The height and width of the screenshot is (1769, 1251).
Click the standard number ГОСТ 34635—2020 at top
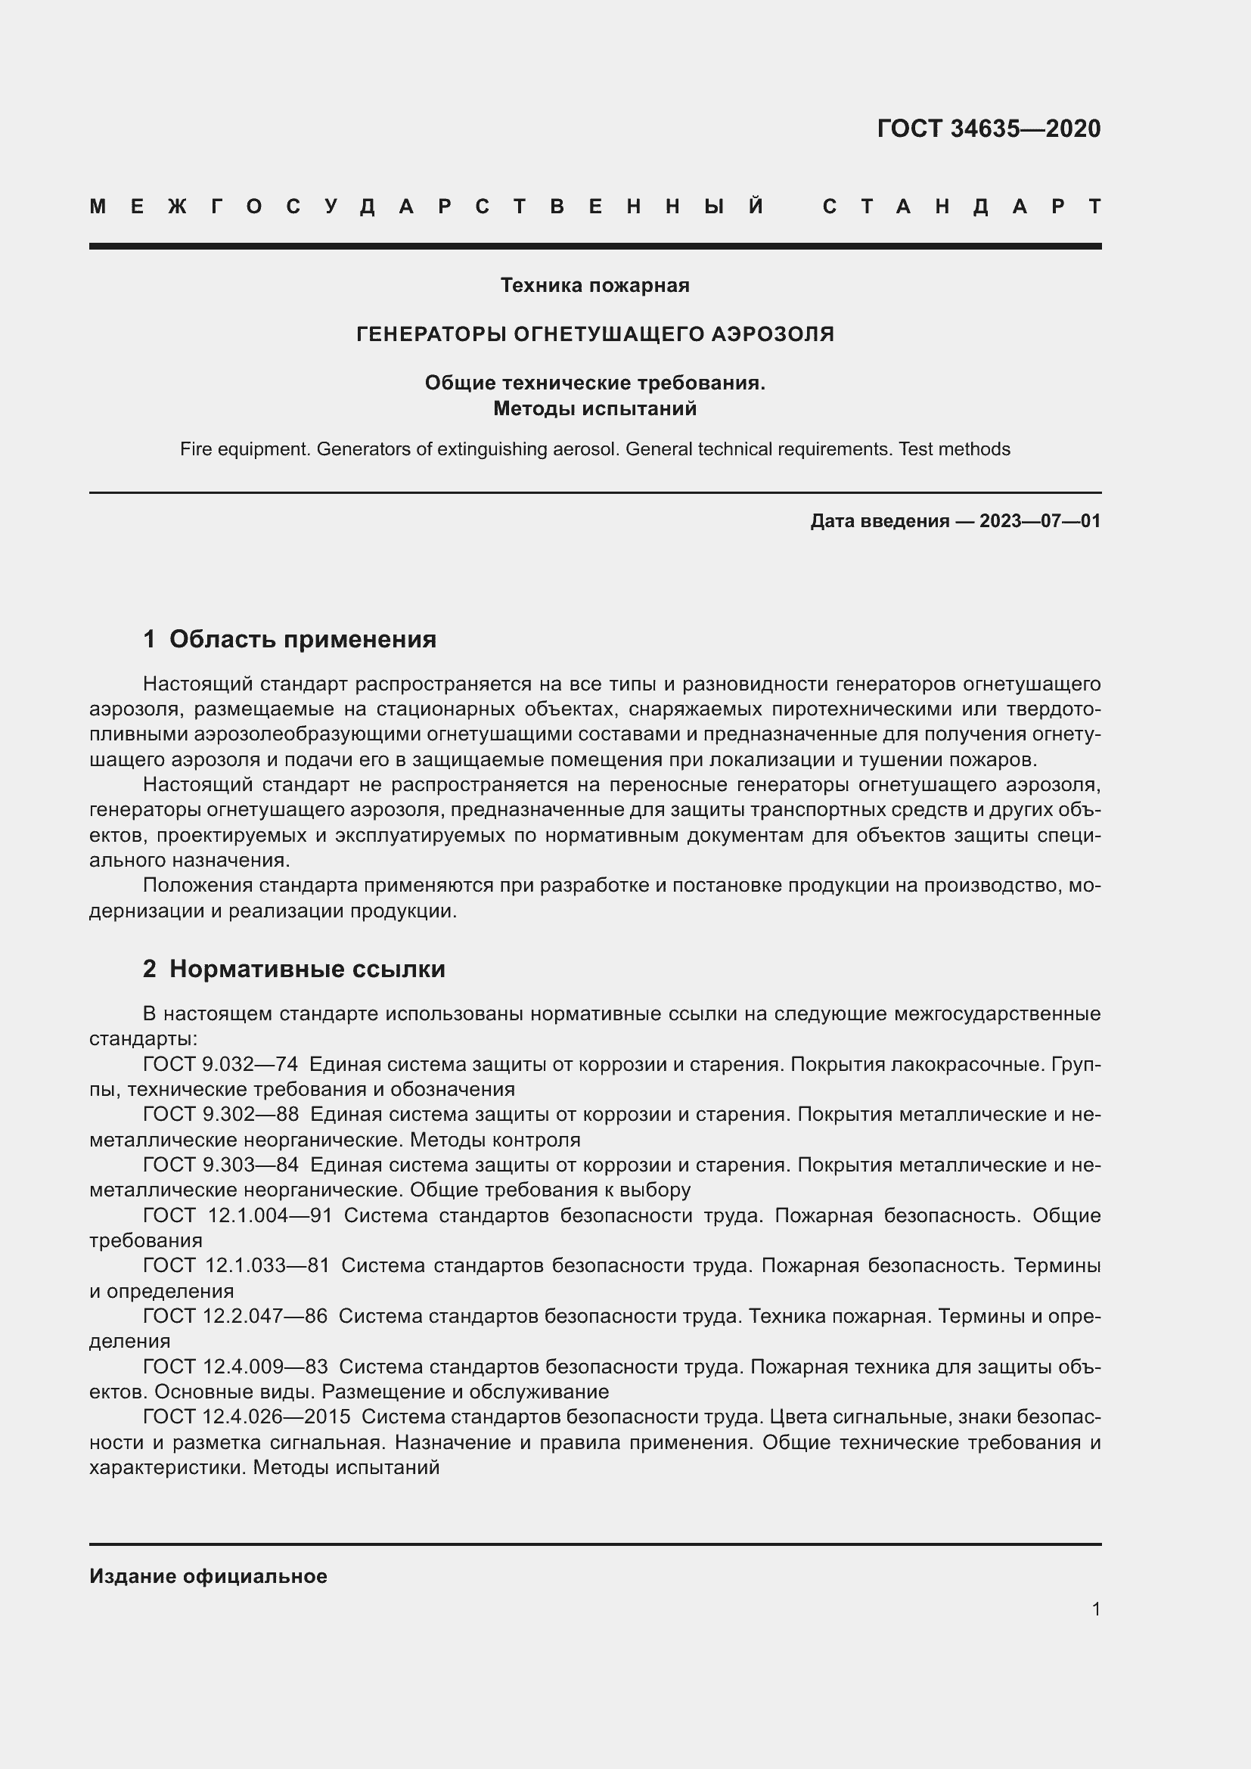click(989, 129)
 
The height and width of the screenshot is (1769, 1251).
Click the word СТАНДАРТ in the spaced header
click(961, 206)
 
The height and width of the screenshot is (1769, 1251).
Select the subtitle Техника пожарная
click(594, 285)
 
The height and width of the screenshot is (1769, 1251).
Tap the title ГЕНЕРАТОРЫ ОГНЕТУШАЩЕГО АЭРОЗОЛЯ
click(594, 334)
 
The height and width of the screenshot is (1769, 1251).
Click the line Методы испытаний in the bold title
click(594, 408)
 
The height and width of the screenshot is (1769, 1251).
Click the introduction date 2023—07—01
click(1039, 521)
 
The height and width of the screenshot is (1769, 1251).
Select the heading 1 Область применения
click(290, 639)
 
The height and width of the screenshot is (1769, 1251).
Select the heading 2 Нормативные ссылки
click(293, 969)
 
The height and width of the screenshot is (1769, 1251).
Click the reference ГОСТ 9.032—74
click(220, 1064)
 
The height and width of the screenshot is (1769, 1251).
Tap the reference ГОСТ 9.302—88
click(220, 1114)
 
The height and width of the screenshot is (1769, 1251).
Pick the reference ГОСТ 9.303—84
click(220, 1165)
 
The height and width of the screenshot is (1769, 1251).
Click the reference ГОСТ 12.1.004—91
click(237, 1215)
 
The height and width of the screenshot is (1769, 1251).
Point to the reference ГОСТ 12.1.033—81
click(236, 1265)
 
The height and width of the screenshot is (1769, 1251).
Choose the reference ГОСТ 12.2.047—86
click(235, 1316)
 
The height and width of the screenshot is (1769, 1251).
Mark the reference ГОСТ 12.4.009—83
click(235, 1366)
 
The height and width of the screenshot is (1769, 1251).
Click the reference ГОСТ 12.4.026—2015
click(247, 1416)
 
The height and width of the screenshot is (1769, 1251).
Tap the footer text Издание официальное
click(208, 1576)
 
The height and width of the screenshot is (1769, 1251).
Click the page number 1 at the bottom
click(1095, 1609)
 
